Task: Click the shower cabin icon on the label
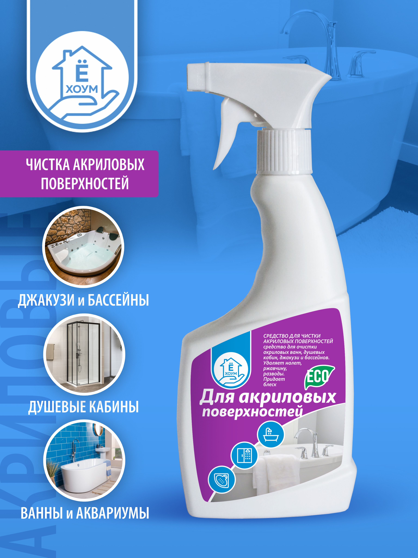tap(244, 455)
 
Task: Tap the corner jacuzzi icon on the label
tap(222, 479)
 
